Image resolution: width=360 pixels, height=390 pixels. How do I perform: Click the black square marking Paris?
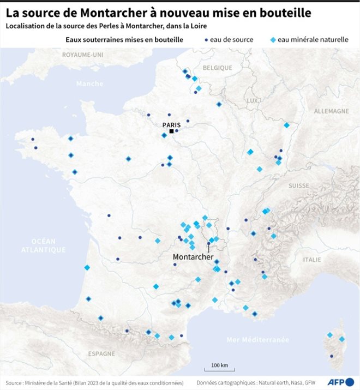tap(171, 131)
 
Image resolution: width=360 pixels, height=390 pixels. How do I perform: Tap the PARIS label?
tap(171, 124)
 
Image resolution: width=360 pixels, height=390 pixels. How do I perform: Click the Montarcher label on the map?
tap(193, 256)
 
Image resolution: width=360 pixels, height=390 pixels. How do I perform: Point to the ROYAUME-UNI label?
tap(82, 55)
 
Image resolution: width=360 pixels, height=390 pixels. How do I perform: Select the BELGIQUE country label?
tap(217, 68)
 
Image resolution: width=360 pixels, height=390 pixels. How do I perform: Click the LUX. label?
tap(252, 101)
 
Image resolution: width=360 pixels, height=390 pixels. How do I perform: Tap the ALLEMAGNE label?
tap(331, 111)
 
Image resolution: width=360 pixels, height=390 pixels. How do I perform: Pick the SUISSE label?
tap(298, 185)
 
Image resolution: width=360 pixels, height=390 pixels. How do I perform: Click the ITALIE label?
tap(312, 260)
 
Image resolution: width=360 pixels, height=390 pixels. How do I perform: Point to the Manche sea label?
tap(89, 83)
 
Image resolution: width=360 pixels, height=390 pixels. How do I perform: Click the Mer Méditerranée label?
tap(257, 340)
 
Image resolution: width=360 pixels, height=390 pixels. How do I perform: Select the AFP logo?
tap(340, 381)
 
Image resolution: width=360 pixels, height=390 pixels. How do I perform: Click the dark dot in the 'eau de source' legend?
tap(205, 40)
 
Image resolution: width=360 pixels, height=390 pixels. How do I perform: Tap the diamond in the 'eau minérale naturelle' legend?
tap(273, 40)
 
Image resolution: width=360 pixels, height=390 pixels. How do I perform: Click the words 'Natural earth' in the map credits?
tap(281, 382)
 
